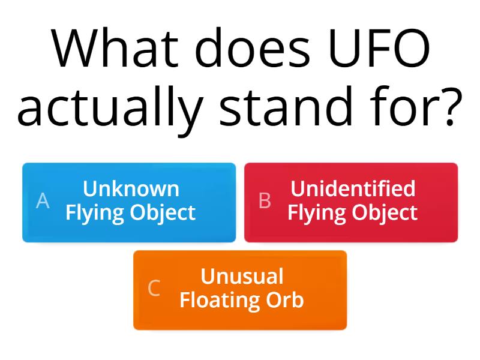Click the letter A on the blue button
click(43, 201)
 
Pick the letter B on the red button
click(265, 201)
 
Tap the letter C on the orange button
click(154, 289)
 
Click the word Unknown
click(131, 189)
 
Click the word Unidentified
click(353, 189)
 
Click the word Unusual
click(242, 277)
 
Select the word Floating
click(215, 300)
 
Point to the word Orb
click(286, 300)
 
